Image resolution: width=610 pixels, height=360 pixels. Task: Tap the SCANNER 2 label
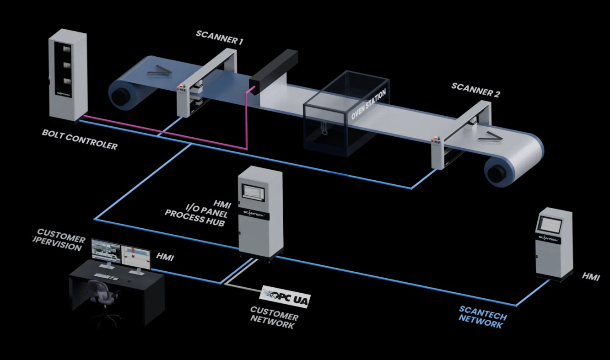475,90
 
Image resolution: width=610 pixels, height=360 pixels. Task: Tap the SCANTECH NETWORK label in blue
483,317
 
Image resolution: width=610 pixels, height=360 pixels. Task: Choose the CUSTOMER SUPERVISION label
60,240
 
